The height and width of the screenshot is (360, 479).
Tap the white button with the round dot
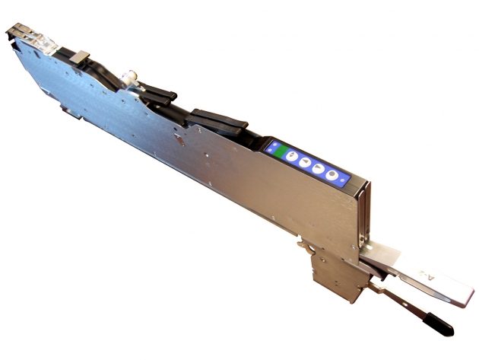[x=332, y=175]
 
